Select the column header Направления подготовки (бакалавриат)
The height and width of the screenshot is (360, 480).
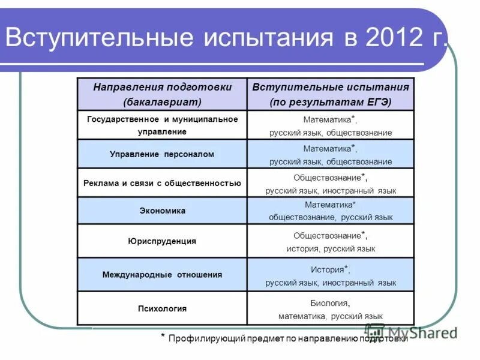tap(162, 94)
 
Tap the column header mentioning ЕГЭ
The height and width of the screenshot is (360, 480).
tap(331, 94)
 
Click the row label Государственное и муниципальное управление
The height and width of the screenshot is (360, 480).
tap(162, 125)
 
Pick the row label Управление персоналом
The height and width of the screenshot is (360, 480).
tap(162, 154)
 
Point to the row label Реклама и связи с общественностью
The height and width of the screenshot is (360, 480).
tap(162, 183)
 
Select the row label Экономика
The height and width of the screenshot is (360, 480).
tap(162, 211)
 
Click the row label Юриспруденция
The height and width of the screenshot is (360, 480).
tap(162, 241)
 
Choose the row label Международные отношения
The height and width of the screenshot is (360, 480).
tap(162, 275)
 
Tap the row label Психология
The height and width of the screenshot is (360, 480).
tap(162, 308)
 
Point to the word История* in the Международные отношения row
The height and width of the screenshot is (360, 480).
tap(329, 269)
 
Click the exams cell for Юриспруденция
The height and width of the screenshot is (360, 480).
tap(331, 241)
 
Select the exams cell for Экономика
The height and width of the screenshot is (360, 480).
tap(331, 211)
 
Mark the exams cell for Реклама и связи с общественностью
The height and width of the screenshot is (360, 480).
tap(331, 183)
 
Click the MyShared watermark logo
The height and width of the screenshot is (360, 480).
tap(410, 332)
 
